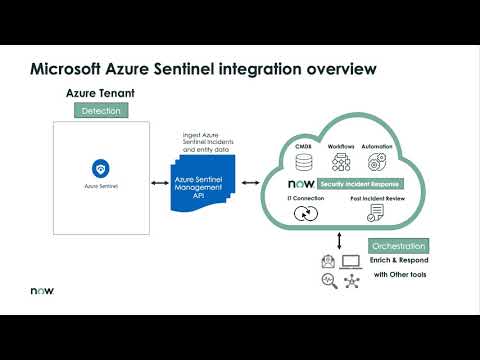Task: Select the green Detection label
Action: pyautogui.click(x=100, y=110)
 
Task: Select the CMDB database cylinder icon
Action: pyautogui.click(x=304, y=165)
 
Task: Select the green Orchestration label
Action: pyautogui.click(x=397, y=246)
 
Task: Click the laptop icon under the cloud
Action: pyautogui.click(x=351, y=262)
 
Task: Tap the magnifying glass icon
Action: pyautogui.click(x=328, y=282)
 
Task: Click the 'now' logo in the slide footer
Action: pyautogui.click(x=39, y=292)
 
